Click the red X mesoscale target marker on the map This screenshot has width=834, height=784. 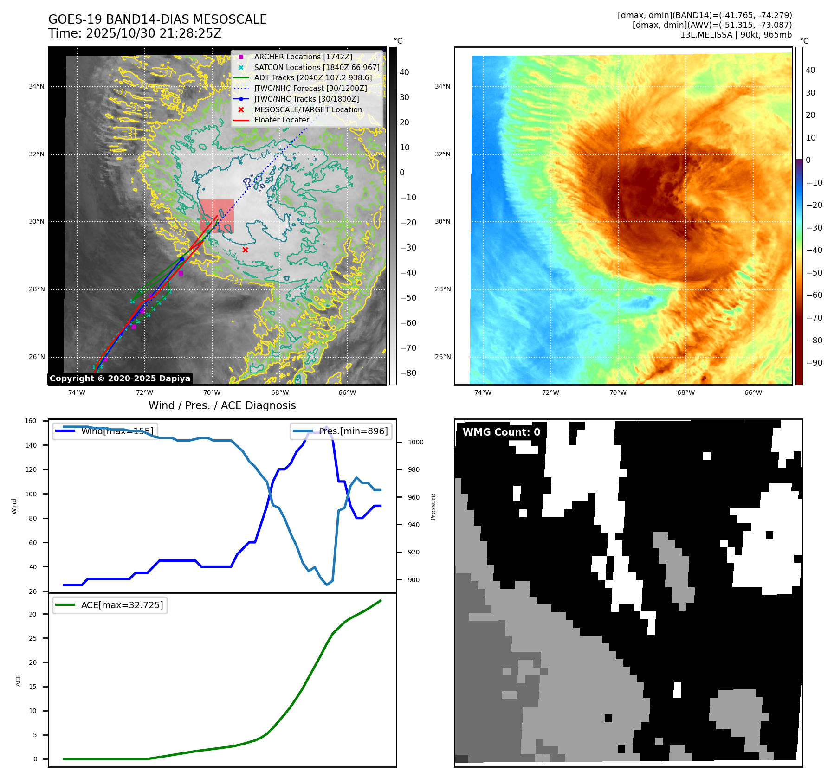pyautogui.click(x=245, y=250)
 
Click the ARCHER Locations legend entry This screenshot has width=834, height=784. pyautogui.click(x=303, y=57)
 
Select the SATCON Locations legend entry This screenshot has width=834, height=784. pyautogui.click(x=317, y=67)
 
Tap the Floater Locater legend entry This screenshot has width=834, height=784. pyautogui.click(x=281, y=120)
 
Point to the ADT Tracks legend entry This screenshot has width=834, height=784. pyautogui.click(x=313, y=78)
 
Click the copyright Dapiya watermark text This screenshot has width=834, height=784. pyautogui.click(x=120, y=379)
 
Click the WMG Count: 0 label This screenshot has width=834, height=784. pyautogui.click(x=501, y=432)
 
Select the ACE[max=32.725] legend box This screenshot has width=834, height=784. pyautogui.click(x=110, y=605)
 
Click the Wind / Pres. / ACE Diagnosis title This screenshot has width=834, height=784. pyautogui.click(x=222, y=405)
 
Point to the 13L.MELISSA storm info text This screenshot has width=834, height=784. pyautogui.click(x=736, y=35)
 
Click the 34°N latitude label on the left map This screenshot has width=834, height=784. pyautogui.click(x=37, y=86)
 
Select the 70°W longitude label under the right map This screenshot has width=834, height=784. pyautogui.click(x=618, y=392)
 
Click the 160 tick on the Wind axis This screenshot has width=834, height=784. pyautogui.click(x=31, y=421)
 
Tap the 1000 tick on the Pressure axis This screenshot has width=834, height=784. pyautogui.click(x=415, y=442)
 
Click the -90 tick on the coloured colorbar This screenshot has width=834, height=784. pyautogui.click(x=814, y=363)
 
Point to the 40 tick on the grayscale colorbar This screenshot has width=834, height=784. pyautogui.click(x=404, y=72)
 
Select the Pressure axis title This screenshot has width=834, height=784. pyautogui.click(x=433, y=507)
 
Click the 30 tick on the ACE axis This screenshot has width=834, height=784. pyautogui.click(x=32, y=614)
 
